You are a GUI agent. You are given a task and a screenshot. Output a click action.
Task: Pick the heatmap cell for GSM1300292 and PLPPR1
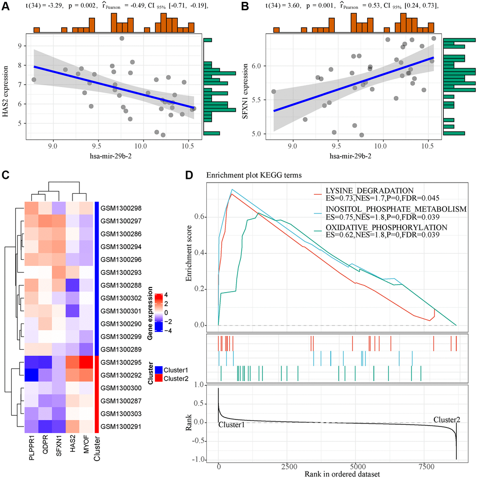[32, 375]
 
